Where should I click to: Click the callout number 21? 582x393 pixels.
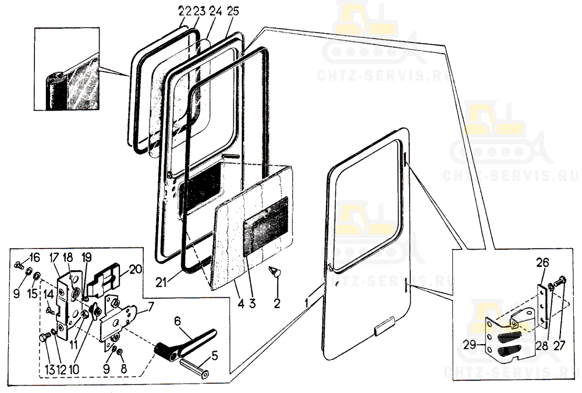coord(161,283)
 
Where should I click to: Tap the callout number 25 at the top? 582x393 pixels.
coord(232,11)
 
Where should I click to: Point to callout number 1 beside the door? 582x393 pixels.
coord(307,303)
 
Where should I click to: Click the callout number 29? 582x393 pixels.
coord(470,345)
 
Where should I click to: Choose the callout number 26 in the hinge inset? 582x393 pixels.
coord(542,263)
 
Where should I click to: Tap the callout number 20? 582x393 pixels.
coord(136,269)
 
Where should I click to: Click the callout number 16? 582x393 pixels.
coord(34,257)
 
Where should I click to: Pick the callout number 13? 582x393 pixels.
coord(49,370)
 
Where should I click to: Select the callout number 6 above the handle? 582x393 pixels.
coord(178,321)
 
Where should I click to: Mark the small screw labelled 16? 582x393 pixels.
coord(19,265)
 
